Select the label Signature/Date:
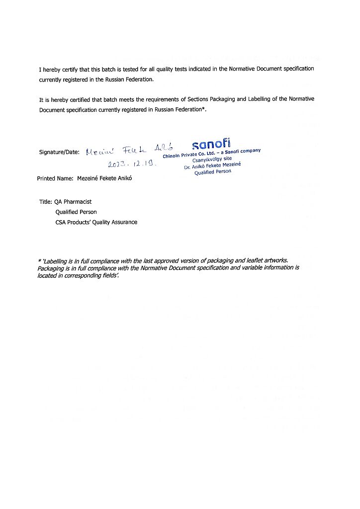pyautogui.click(x=59, y=152)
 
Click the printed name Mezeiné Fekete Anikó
pyautogui.click(x=104, y=178)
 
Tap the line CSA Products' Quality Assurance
pyautogui.click(x=96, y=222)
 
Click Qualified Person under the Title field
pyautogui.click(x=76, y=212)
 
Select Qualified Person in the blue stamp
pyautogui.click(x=212, y=172)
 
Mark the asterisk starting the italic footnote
pyautogui.click(x=39, y=261)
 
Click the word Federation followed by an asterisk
pyautogui.click(x=188, y=110)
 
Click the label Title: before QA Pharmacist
pyautogui.click(x=46, y=202)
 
